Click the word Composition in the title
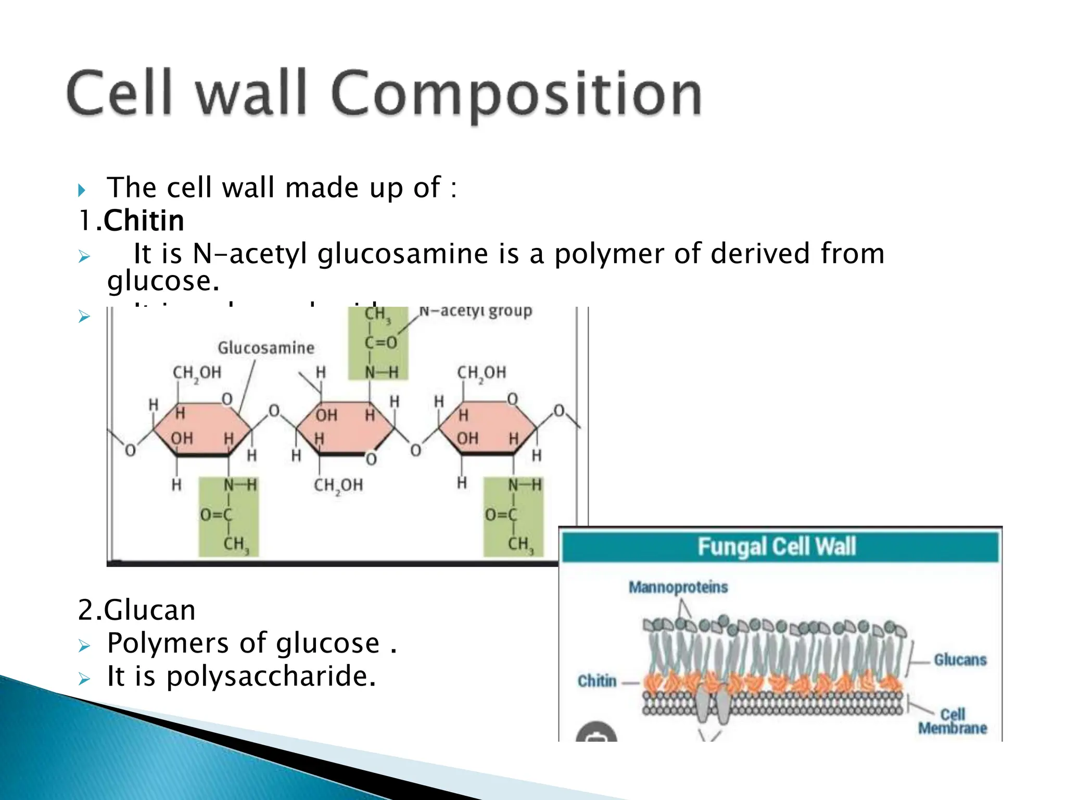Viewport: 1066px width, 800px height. point(515,94)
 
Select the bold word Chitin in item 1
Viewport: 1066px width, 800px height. point(144,220)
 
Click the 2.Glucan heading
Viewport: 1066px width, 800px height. point(136,610)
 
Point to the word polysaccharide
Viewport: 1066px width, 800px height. point(271,676)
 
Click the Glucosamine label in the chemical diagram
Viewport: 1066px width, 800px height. point(265,348)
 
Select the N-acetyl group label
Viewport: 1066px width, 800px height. point(475,311)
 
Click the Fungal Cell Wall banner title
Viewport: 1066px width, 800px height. point(777,546)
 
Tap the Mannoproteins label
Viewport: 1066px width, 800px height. point(678,587)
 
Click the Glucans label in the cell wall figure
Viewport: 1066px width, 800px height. point(960,660)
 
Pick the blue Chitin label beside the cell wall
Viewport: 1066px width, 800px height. point(597,681)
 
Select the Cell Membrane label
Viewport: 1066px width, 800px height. point(953,721)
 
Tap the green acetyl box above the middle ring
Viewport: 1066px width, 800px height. point(378,343)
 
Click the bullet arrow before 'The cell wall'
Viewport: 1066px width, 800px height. point(82,190)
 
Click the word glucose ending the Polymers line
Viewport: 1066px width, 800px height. point(328,643)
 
